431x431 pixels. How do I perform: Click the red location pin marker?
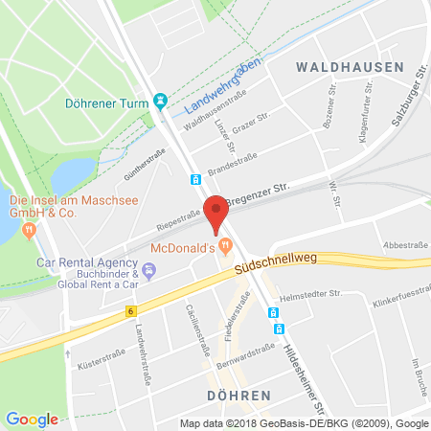click(217, 213)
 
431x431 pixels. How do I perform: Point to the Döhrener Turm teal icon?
click(161, 100)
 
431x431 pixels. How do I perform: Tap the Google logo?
click(32, 419)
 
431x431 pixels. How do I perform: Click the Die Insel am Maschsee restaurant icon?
click(31, 229)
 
